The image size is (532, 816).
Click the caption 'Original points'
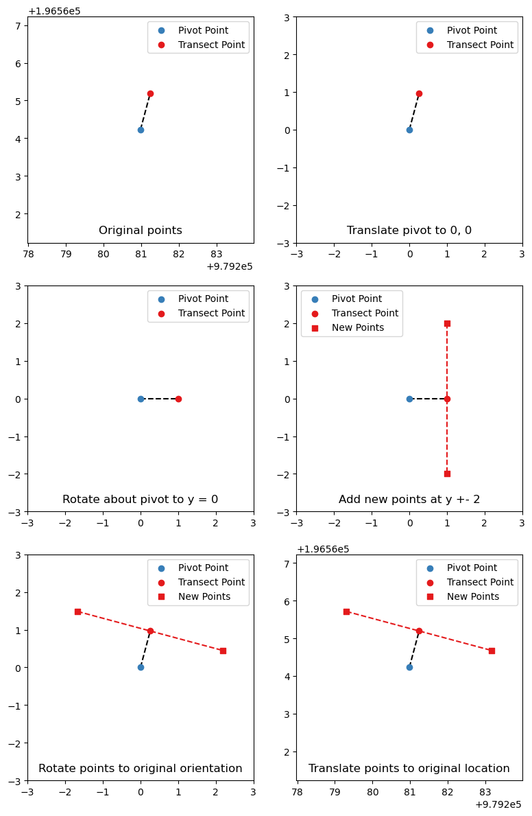[x=141, y=231]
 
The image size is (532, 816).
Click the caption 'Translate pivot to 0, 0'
[x=409, y=231]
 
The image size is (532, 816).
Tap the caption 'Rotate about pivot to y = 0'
[x=141, y=500]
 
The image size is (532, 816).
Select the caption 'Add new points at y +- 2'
[x=409, y=500]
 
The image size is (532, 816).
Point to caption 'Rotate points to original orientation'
[x=141, y=769]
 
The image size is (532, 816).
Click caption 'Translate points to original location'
[x=409, y=769]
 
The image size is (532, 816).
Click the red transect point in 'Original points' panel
[x=150, y=93]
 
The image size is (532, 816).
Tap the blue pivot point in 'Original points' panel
[x=141, y=130]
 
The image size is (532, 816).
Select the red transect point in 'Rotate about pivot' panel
[x=178, y=399]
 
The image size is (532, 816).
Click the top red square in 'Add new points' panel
[x=447, y=323]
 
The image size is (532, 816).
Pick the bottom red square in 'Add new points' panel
[x=447, y=474]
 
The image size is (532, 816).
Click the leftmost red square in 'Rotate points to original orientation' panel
[x=77, y=611]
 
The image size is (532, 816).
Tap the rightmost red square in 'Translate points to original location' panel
[x=492, y=651]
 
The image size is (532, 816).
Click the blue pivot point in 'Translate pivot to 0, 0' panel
[x=409, y=130]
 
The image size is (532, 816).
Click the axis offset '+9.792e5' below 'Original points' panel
[x=229, y=266]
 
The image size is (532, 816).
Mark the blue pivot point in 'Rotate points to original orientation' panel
[x=141, y=667]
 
